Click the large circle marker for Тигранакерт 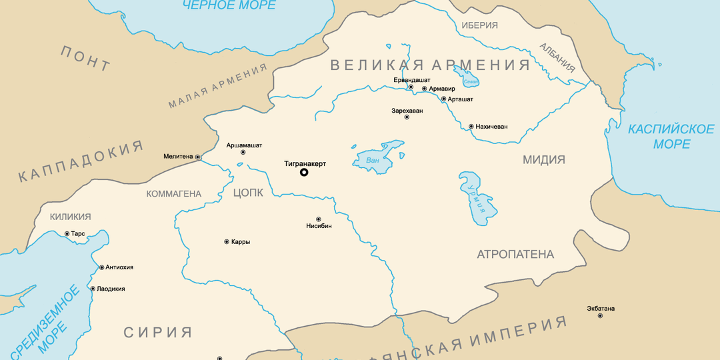point(304,173)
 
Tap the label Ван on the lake point(373,160)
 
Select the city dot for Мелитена point(198,157)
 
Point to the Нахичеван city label point(492,127)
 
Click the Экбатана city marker point(600,315)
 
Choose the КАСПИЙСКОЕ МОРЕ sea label point(671,136)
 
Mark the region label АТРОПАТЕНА point(515,255)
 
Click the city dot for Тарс point(67,234)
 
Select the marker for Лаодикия point(93,289)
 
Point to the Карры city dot point(227,241)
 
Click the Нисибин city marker point(318,219)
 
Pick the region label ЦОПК point(249,193)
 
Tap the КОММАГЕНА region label point(173,194)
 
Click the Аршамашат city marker point(243,153)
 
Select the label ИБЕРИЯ point(479,25)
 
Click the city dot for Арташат point(443,99)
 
